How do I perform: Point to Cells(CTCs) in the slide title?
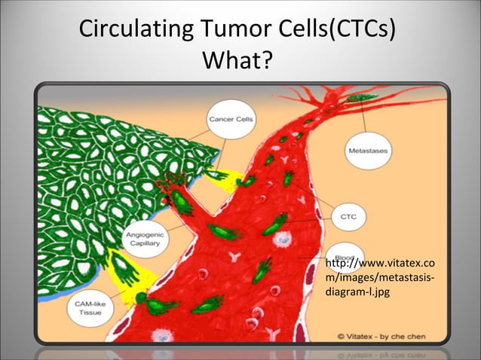click(x=336, y=31)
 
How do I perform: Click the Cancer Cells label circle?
click(x=231, y=119)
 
